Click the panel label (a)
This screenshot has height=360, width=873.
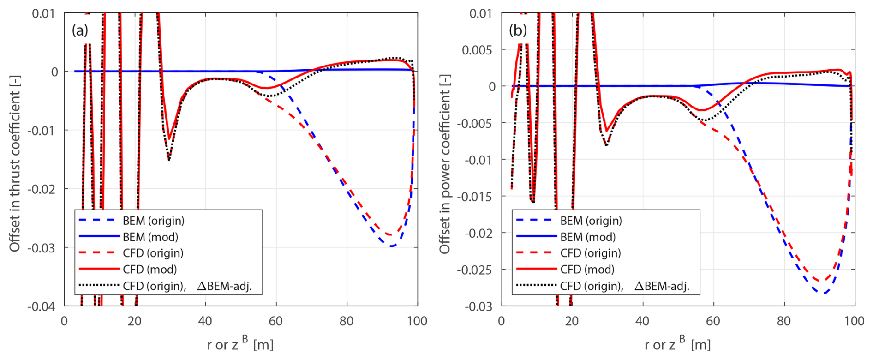[x=79, y=30]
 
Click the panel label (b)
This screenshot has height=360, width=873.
[x=517, y=30]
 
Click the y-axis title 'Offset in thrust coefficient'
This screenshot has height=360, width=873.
[x=15, y=164]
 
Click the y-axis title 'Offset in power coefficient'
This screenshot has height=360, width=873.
[x=445, y=164]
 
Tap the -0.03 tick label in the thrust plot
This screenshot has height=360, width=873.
[x=41, y=248]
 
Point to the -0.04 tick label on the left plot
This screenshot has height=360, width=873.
[x=41, y=306]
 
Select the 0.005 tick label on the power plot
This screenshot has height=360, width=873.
[x=478, y=50]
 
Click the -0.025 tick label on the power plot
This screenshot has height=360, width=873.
[x=475, y=270]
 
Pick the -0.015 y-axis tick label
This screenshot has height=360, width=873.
[x=475, y=197]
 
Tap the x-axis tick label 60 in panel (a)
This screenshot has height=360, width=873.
[x=276, y=321]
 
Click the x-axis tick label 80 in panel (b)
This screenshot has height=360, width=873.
[x=784, y=321]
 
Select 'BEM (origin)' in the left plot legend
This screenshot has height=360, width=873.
[x=153, y=221]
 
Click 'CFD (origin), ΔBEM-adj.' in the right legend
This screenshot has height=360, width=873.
[x=624, y=286]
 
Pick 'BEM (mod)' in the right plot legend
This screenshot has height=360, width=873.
[x=588, y=237]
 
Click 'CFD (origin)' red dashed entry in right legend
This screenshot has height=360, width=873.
[x=590, y=253]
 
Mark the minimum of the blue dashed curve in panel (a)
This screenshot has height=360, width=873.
[x=392, y=246]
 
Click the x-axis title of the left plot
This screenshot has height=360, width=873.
[x=240, y=344]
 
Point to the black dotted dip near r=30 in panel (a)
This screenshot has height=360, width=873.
[x=169, y=160]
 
